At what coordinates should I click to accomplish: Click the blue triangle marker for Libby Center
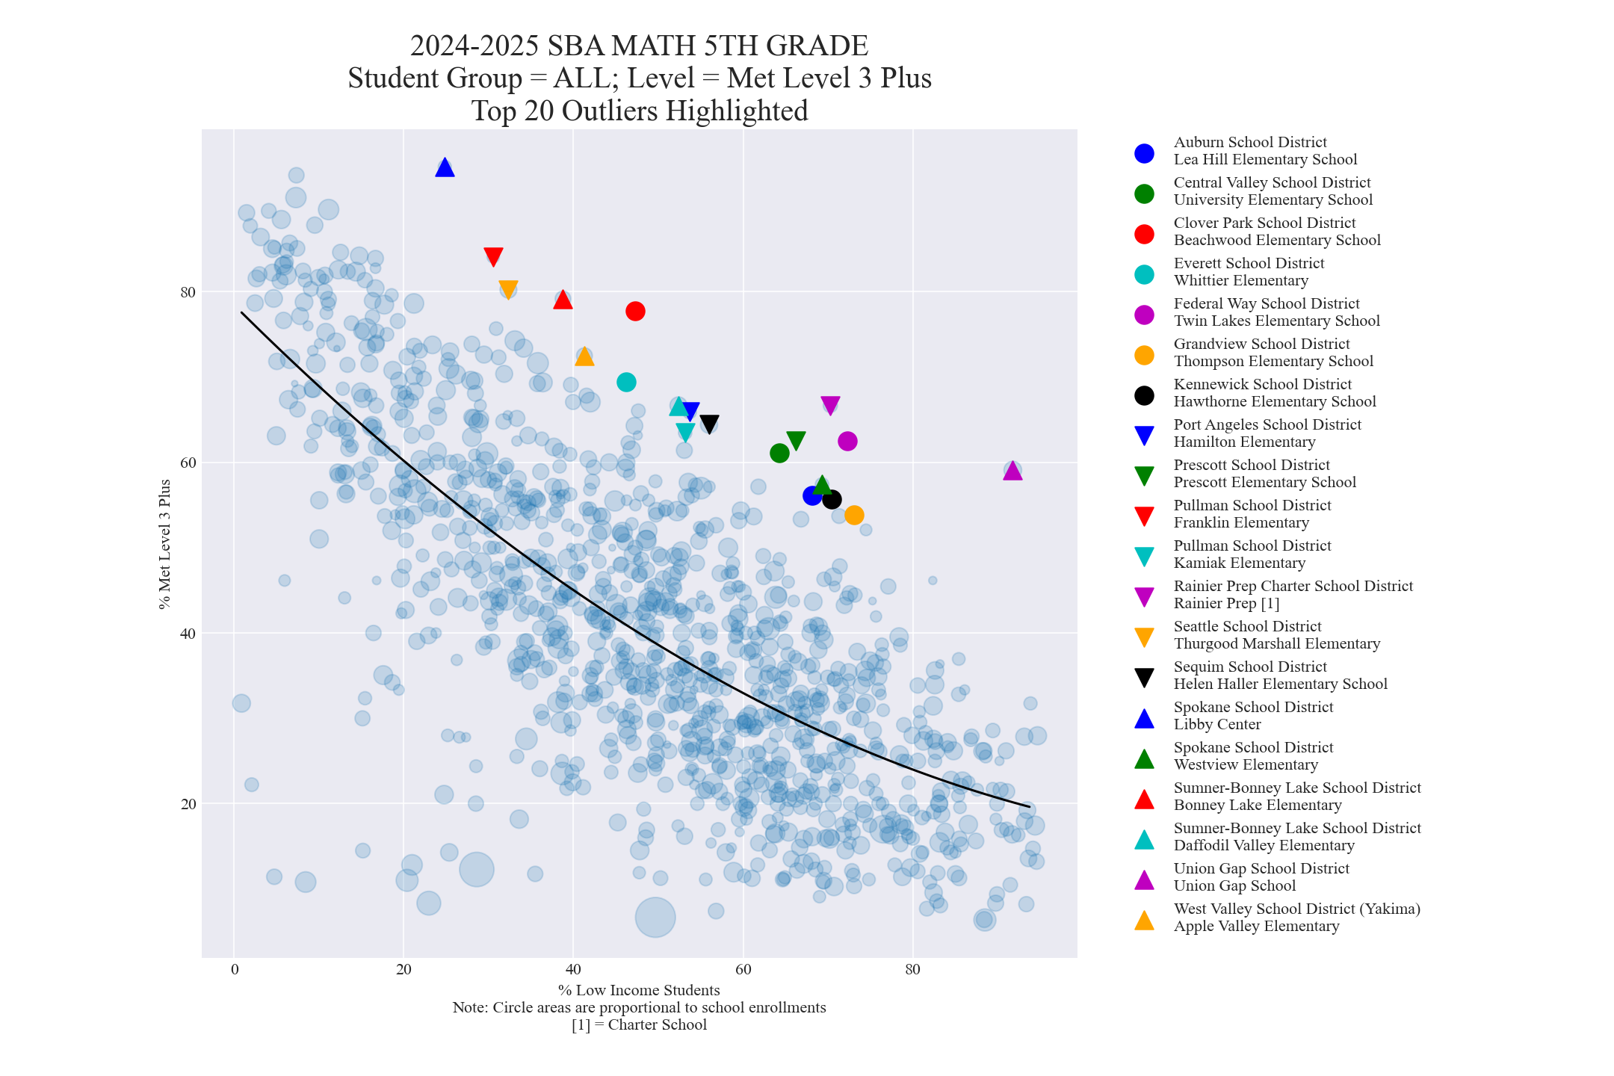tap(445, 167)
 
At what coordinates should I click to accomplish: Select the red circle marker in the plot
tap(635, 311)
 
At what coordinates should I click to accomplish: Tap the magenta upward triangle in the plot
tap(1012, 471)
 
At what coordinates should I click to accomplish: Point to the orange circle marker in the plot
tap(854, 515)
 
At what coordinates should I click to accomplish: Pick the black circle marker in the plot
tap(832, 499)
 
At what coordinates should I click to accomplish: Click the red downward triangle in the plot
tap(493, 256)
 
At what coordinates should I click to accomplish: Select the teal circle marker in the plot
tap(626, 382)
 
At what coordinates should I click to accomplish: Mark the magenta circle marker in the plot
tap(847, 441)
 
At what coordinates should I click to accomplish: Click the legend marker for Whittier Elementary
tap(1144, 273)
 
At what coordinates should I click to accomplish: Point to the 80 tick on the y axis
tap(188, 292)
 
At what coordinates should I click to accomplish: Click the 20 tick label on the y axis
tap(188, 804)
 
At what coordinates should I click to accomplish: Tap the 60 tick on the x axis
tap(743, 970)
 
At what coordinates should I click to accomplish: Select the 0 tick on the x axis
tap(235, 970)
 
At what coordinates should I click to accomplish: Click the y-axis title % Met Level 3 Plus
tap(165, 544)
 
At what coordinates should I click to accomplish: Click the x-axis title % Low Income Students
tap(639, 991)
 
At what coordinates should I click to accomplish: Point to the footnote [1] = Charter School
tap(639, 1025)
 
